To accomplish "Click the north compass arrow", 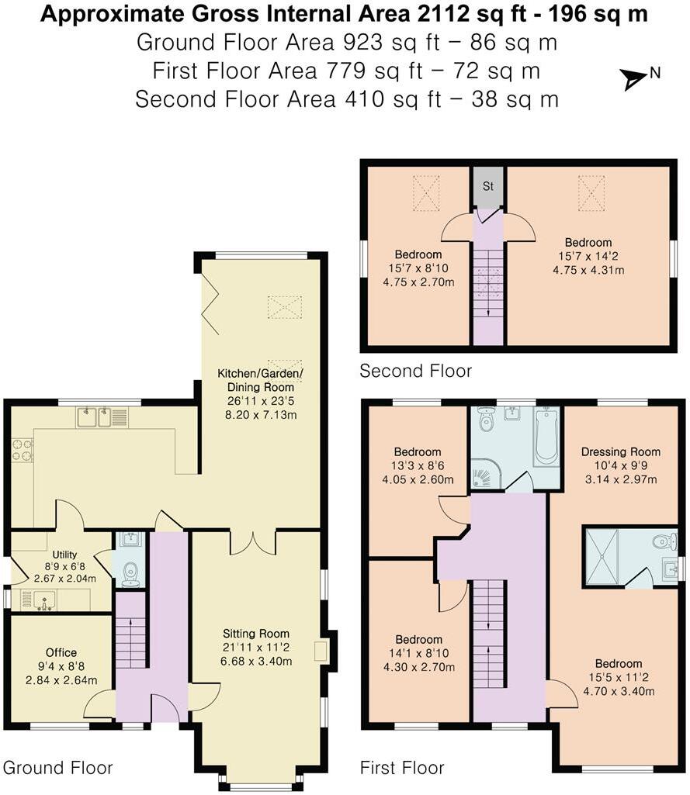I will [x=633, y=78].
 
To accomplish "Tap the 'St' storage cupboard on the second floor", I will [x=488, y=187].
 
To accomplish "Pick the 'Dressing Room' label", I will [x=621, y=452].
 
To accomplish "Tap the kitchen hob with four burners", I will [x=21, y=450].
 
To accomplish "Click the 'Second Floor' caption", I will [x=415, y=372].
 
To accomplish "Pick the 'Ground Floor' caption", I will [x=58, y=768].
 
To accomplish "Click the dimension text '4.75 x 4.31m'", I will [x=588, y=270].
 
